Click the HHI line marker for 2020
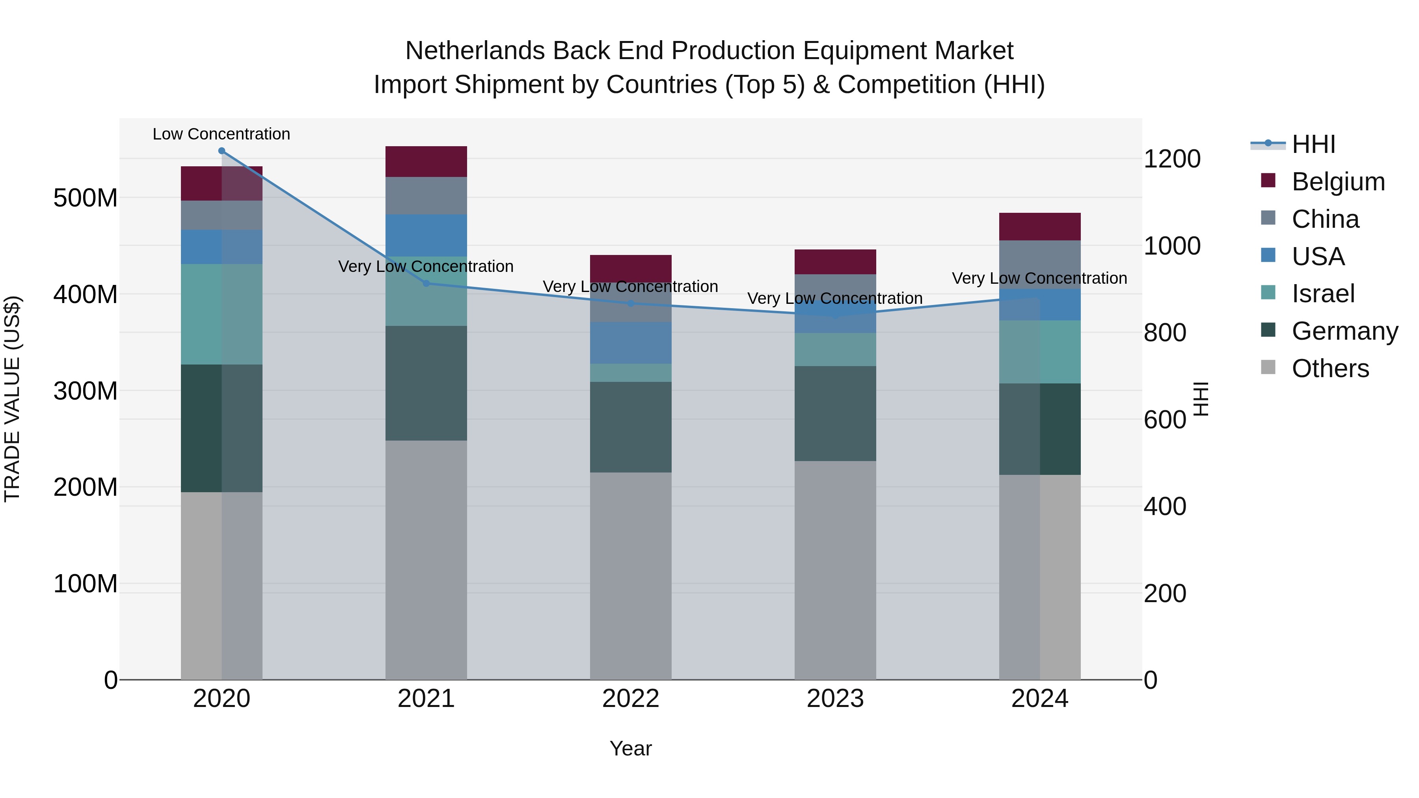(x=222, y=151)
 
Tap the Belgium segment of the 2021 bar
(x=426, y=161)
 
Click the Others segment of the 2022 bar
(x=631, y=575)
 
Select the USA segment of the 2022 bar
(x=631, y=342)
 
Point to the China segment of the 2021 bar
(x=426, y=195)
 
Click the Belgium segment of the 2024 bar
(x=1039, y=226)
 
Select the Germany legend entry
(x=1344, y=331)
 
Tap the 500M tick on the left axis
(x=86, y=198)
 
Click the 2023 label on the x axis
(x=835, y=699)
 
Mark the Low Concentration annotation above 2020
(x=222, y=134)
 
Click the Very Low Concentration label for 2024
(x=1039, y=278)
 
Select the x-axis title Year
(x=631, y=748)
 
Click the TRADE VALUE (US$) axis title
(x=12, y=399)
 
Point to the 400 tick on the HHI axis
(x=1164, y=506)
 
